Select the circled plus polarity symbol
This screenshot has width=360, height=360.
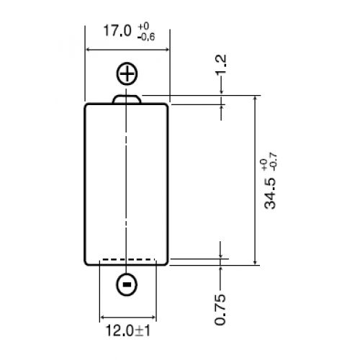click(x=127, y=73)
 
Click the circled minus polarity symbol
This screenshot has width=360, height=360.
click(x=127, y=285)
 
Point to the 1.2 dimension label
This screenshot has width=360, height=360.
click(x=221, y=63)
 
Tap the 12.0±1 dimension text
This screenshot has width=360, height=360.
click(x=127, y=333)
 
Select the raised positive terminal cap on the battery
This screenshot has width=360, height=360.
click(x=127, y=99)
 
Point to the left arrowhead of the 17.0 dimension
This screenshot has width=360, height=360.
click(x=89, y=50)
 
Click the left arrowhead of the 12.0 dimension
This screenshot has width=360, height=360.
click(x=102, y=317)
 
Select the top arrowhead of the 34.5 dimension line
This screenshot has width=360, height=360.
click(x=256, y=98)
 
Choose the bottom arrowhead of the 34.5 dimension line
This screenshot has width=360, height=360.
click(x=256, y=261)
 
